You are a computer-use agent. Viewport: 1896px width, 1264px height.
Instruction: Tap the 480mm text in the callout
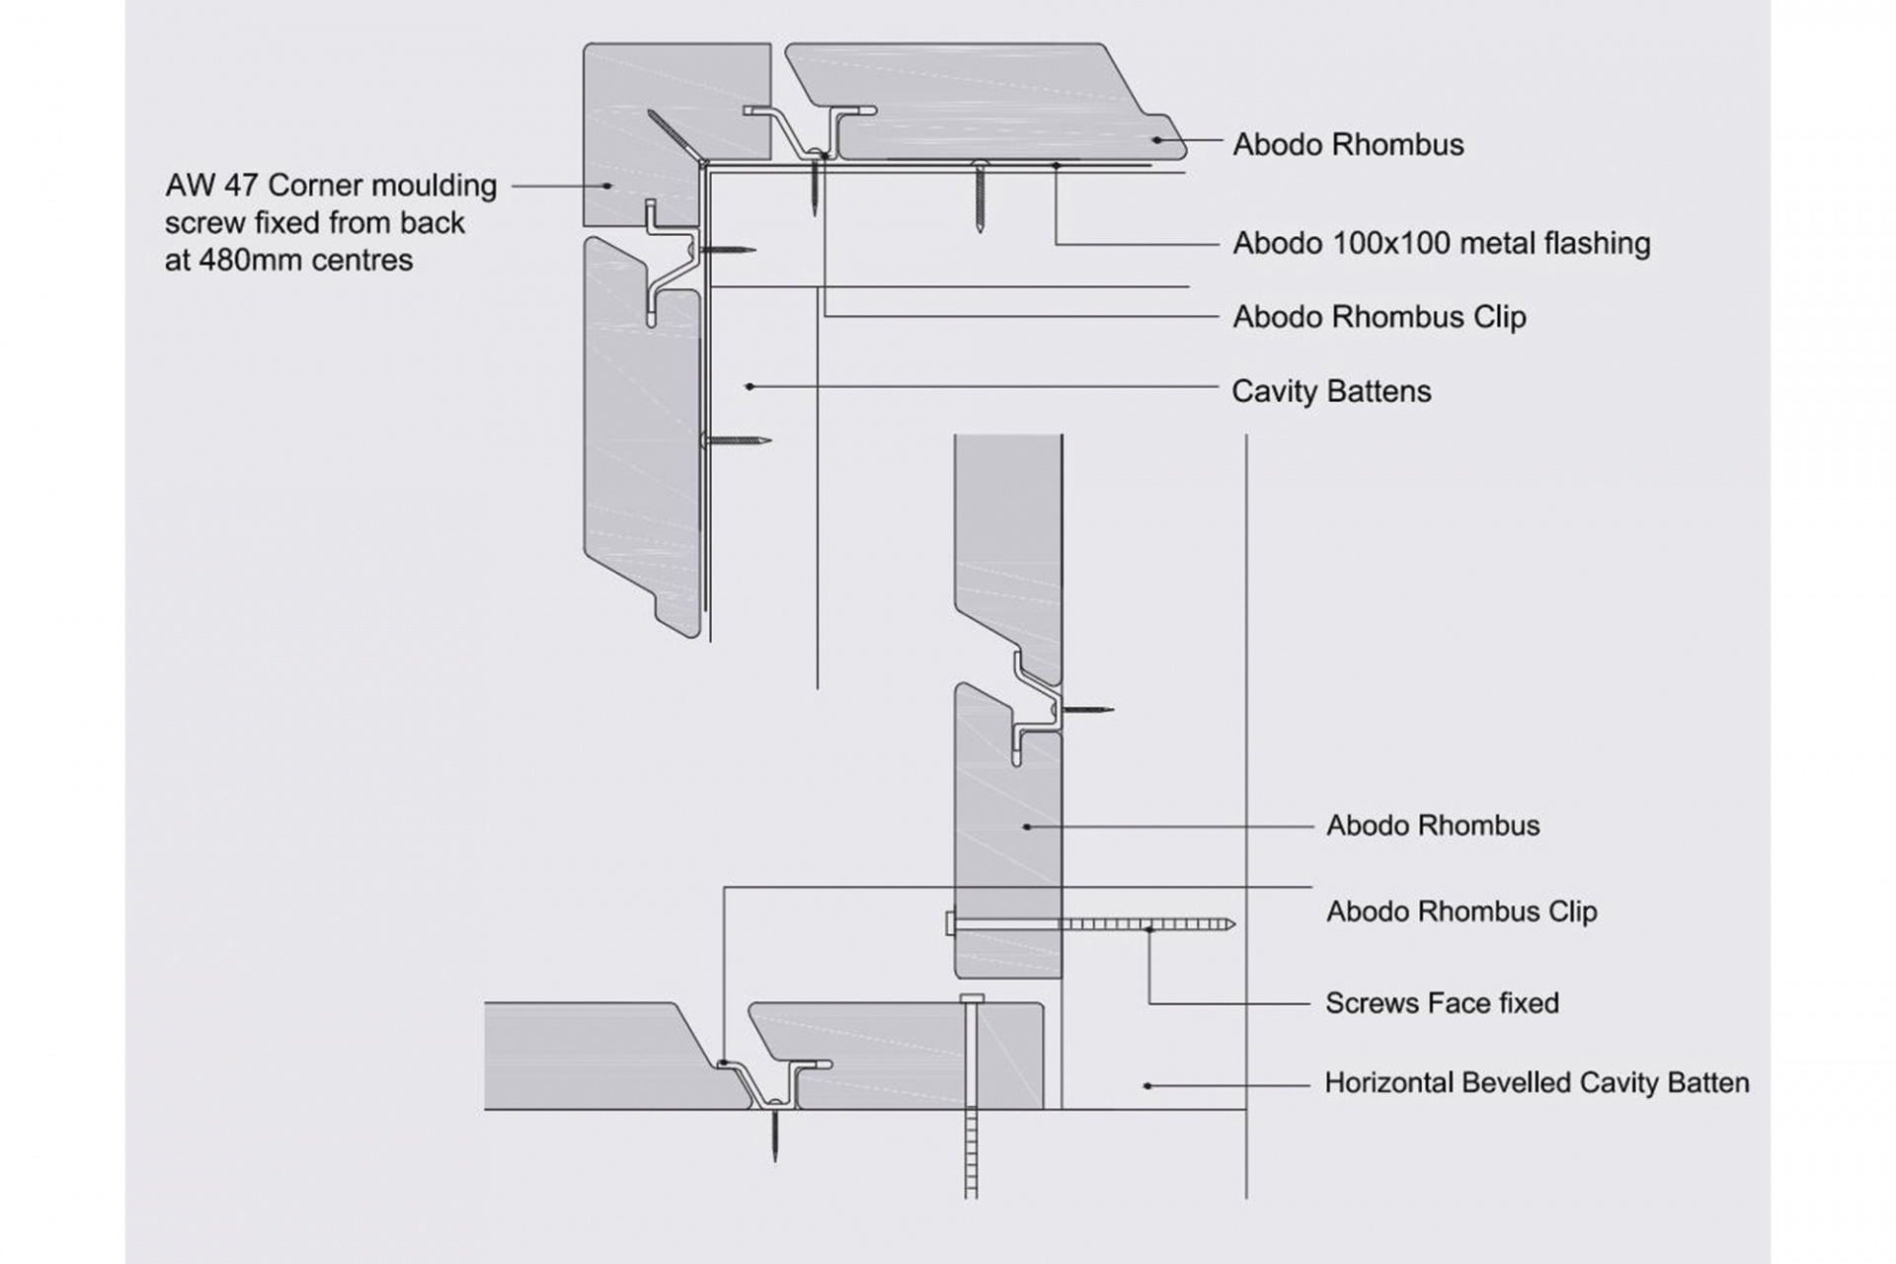(251, 261)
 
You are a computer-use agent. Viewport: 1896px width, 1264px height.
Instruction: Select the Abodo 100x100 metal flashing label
(1441, 244)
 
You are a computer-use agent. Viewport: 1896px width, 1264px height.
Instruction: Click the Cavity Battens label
(1331, 391)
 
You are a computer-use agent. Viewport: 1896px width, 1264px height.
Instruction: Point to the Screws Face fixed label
(1442, 1003)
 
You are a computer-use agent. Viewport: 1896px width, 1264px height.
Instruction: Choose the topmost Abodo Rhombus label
(1348, 145)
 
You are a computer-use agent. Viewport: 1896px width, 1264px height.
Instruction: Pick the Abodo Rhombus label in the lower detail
(1433, 826)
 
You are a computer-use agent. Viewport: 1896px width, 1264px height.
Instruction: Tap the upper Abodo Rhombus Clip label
(1379, 317)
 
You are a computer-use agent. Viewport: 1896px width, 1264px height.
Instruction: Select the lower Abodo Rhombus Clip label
(1461, 911)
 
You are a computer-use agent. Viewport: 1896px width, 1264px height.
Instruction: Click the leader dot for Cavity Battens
(750, 386)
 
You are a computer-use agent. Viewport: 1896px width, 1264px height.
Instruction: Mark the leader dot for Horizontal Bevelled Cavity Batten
(1147, 1085)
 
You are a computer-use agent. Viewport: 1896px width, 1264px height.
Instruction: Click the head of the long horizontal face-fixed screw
(951, 923)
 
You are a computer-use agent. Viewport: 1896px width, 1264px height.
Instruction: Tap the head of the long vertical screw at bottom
(972, 998)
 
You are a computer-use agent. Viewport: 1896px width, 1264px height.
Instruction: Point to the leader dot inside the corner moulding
(608, 186)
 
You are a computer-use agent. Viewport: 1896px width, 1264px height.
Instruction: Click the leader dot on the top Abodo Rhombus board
(1154, 140)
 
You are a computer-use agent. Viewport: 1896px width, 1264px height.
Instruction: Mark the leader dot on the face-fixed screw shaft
(1147, 928)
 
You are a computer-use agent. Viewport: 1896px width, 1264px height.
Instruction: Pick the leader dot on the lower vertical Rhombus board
(1027, 827)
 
